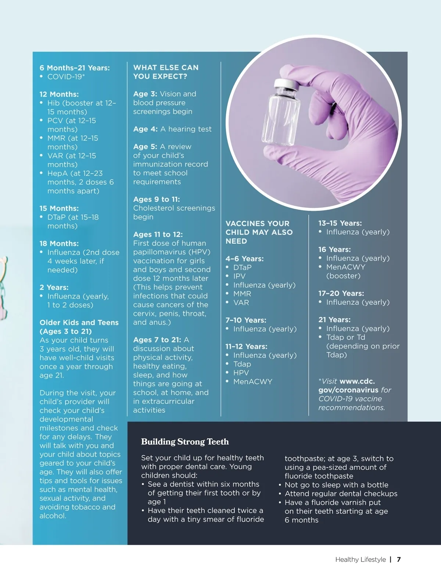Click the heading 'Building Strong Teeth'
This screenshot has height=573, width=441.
[x=185, y=442]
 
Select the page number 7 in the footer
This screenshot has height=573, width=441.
[x=399, y=559]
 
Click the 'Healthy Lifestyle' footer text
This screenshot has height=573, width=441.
[x=360, y=559]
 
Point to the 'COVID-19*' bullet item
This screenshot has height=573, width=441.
[x=66, y=76]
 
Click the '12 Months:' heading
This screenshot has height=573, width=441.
[x=59, y=94]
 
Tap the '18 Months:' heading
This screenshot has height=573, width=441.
[x=59, y=243]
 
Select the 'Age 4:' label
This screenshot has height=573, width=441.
[x=145, y=129]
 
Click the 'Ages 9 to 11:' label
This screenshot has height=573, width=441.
[x=157, y=199]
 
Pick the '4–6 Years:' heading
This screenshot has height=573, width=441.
[x=244, y=259]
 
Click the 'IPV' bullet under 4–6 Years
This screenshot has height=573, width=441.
[x=239, y=276]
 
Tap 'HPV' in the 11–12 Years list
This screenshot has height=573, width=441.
[x=241, y=373]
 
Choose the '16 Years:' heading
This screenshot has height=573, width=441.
[x=334, y=249]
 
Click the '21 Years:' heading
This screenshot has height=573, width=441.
[x=334, y=320]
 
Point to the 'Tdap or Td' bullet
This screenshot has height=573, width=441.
[x=345, y=337]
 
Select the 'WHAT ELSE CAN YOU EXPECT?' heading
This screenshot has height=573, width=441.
[x=166, y=72]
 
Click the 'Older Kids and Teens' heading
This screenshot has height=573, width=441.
[x=79, y=323]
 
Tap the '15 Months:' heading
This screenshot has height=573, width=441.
[x=59, y=208]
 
